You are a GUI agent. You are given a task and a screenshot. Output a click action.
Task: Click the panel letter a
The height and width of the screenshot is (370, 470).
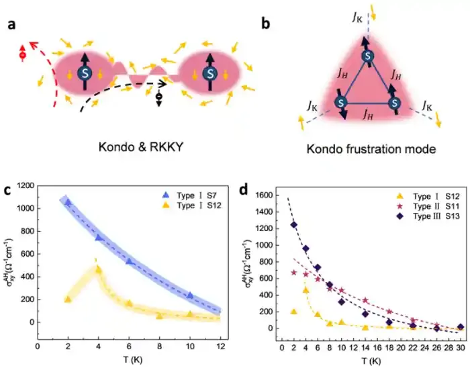coord(12,27)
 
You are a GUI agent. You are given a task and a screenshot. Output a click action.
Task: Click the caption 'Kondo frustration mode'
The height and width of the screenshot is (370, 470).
coord(367,149)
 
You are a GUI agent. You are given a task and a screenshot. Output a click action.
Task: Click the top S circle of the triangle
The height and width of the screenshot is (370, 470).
coord(366,56)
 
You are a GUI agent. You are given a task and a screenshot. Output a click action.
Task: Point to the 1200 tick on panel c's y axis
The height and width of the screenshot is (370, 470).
coord(24,184)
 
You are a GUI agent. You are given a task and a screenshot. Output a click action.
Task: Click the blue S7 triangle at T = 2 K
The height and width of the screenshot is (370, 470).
coord(67,201)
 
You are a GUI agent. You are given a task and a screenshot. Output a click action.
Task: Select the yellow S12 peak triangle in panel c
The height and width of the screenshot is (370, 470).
coord(98,269)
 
